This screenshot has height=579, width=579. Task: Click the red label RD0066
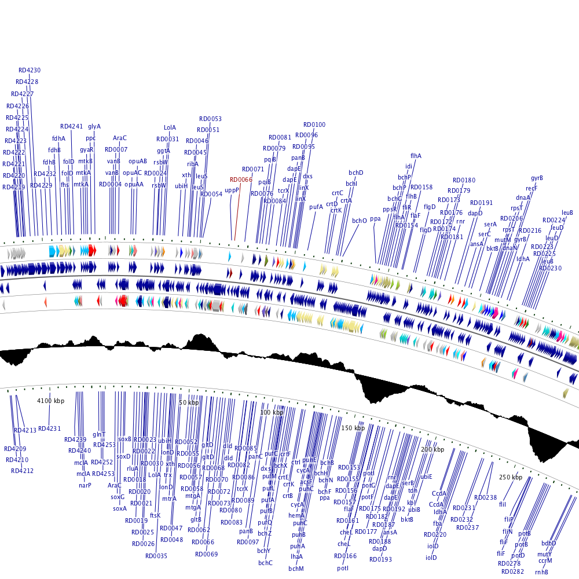point(241,180)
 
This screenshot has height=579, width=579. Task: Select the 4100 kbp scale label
point(51,401)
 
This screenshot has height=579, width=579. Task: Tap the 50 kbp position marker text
point(189,402)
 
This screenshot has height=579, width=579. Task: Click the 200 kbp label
point(432,449)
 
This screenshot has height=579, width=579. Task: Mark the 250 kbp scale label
point(510,478)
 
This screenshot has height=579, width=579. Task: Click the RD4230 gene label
point(30,71)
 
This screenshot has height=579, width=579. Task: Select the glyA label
point(94,126)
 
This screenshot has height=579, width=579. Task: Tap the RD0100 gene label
point(314,124)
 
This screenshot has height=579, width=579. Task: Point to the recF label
point(532,188)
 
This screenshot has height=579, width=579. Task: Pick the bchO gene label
point(360,221)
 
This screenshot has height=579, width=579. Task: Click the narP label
point(85,486)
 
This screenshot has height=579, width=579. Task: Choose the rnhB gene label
point(541,572)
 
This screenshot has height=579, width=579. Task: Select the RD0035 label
point(156,556)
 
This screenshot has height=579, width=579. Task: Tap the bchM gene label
point(296,569)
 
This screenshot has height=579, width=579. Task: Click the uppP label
point(232,190)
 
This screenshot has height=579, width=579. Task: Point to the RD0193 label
point(380,559)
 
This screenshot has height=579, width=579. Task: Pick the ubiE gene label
point(426,477)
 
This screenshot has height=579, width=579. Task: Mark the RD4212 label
point(22,471)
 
